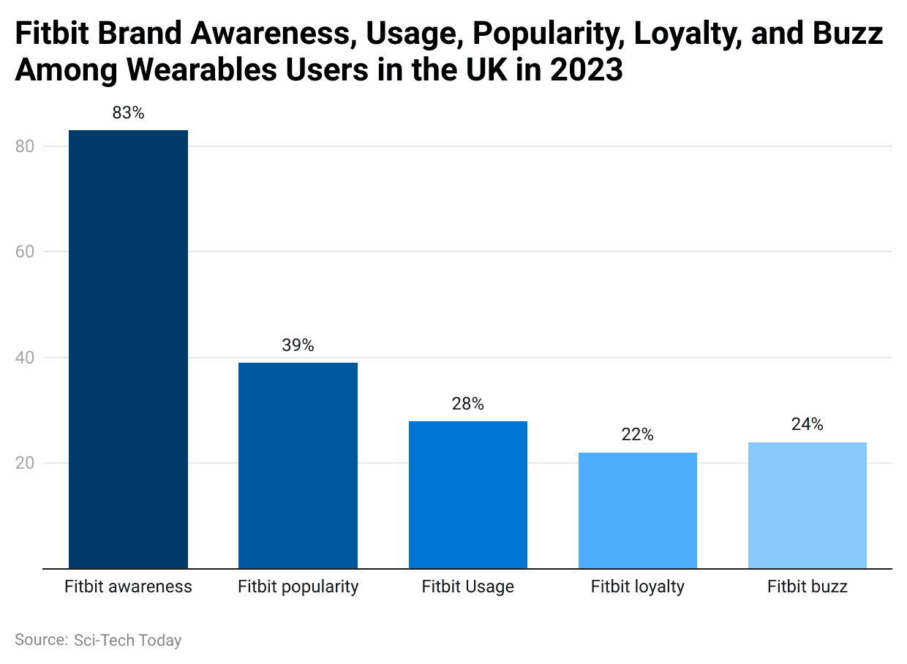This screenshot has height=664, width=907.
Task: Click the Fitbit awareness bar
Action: [128, 349]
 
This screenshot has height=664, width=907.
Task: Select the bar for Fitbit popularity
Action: [298, 465]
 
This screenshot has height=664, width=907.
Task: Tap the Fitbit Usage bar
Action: [467, 494]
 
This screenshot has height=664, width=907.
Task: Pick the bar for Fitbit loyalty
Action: [637, 510]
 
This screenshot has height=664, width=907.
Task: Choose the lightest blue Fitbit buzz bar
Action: [807, 505]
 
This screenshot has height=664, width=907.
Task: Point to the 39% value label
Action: [298, 345]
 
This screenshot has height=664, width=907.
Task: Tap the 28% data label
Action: [467, 404]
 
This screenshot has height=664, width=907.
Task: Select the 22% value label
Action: [637, 435]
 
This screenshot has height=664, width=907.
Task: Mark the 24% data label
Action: [807, 424]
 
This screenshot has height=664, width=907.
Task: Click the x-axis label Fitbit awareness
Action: [128, 586]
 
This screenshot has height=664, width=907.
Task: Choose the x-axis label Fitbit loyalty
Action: [637, 586]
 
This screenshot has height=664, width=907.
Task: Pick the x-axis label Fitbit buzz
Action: [807, 586]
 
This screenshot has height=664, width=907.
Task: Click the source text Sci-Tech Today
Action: [127, 640]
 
